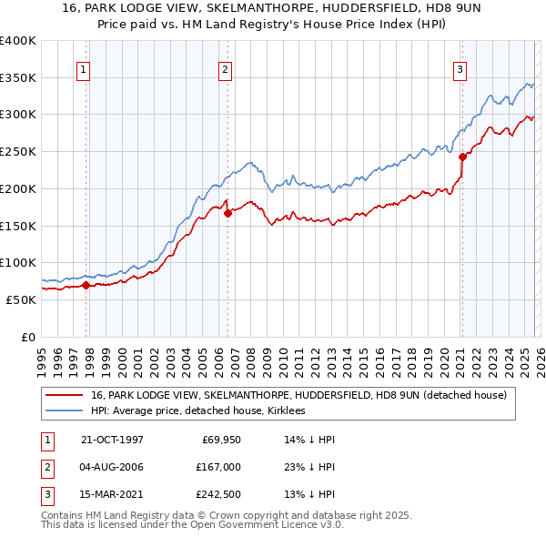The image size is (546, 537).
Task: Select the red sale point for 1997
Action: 86,285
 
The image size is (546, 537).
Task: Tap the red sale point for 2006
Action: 227,213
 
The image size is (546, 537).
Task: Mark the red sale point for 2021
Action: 462,157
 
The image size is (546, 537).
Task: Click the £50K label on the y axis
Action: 21,299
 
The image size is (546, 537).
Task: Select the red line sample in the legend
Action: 65,395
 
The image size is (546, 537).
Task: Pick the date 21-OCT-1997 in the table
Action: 112,441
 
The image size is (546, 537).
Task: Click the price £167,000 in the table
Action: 218,467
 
